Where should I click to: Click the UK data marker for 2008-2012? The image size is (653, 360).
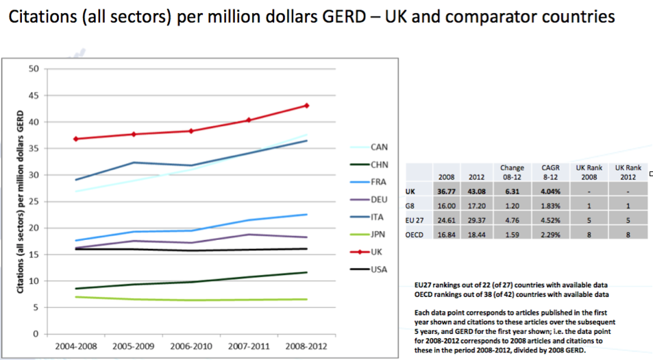[306, 106]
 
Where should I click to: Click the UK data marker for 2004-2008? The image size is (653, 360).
[75, 139]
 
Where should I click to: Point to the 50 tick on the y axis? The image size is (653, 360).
[33, 69]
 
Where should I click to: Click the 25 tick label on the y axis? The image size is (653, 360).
[33, 202]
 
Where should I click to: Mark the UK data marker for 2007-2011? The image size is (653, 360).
[249, 120]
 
